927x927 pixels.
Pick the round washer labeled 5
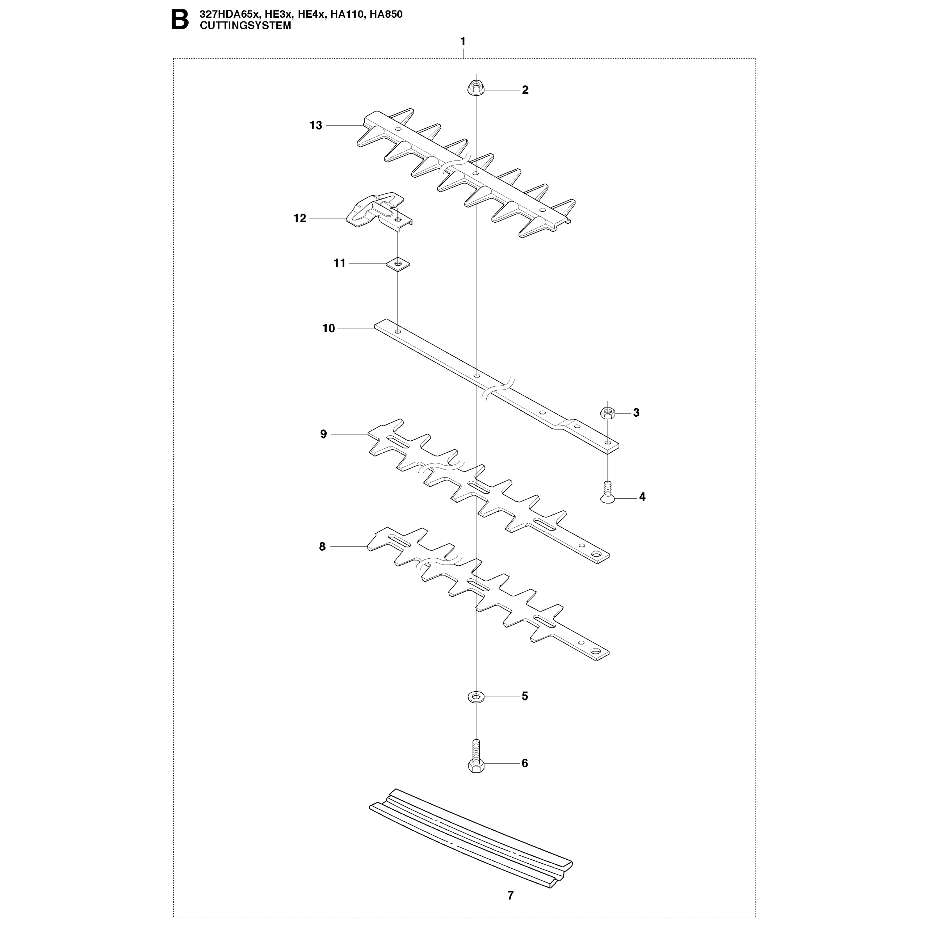475,696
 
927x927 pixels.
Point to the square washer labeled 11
398,264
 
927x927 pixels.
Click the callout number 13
316,126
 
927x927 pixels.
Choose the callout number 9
323,434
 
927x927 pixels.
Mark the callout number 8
322,546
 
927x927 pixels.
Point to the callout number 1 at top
463,42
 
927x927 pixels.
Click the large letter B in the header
180,21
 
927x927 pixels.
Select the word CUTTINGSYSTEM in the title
245,26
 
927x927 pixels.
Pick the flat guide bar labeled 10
496,387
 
